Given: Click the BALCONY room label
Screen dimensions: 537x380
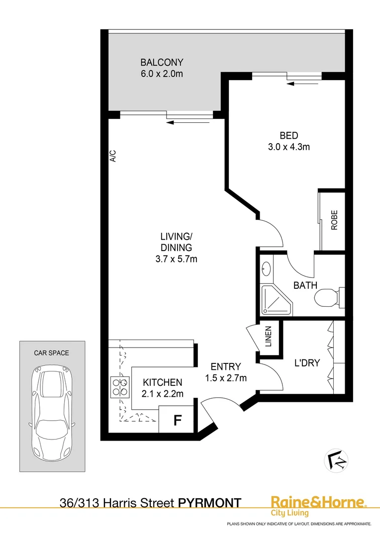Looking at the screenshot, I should pyautogui.click(x=162, y=63).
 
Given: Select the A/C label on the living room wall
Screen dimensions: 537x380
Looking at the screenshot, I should pyautogui.click(x=113, y=157).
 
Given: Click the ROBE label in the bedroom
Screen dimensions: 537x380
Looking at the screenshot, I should pyautogui.click(x=334, y=220).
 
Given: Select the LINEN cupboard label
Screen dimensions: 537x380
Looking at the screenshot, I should pyautogui.click(x=268, y=336).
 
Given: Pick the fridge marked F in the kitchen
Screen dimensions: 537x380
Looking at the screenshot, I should pyautogui.click(x=176, y=420).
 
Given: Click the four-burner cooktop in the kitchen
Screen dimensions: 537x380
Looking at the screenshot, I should pyautogui.click(x=119, y=387).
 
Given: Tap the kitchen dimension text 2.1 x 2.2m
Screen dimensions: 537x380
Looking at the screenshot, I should pyautogui.click(x=163, y=395).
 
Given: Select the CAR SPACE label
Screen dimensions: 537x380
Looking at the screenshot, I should pyautogui.click(x=51, y=353).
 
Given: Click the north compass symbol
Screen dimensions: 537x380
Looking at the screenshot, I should pyautogui.click(x=336, y=458).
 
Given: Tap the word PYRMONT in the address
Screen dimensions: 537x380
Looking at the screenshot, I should pyautogui.click(x=210, y=503).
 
